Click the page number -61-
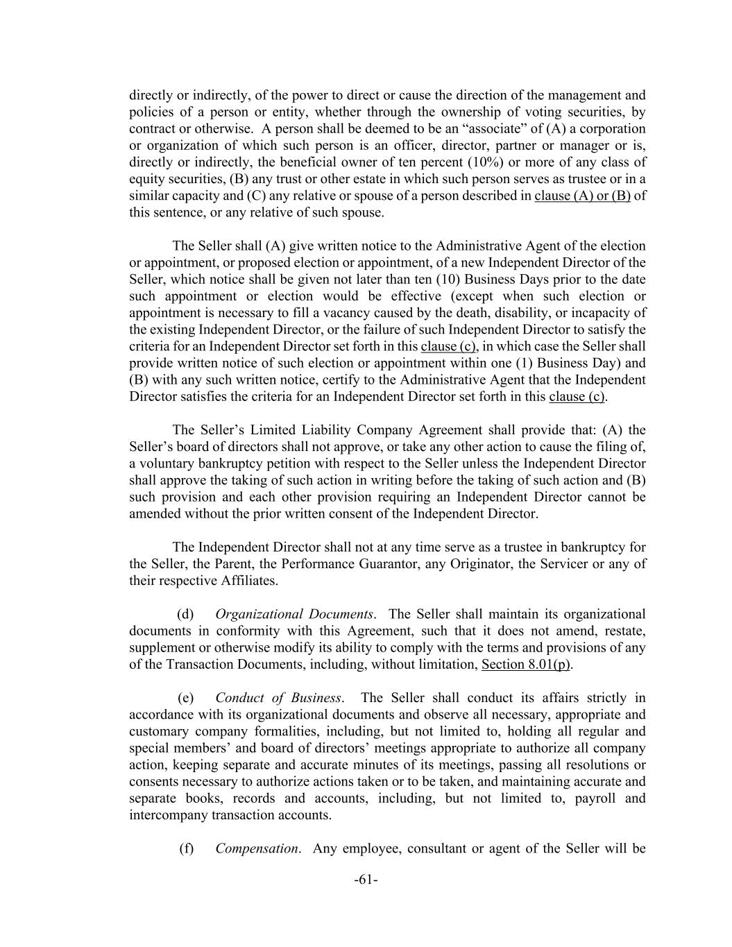point(366,880)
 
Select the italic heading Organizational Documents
point(295,615)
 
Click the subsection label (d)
point(186,615)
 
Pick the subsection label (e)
point(186,698)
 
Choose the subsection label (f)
point(186,848)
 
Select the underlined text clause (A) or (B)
point(582,196)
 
